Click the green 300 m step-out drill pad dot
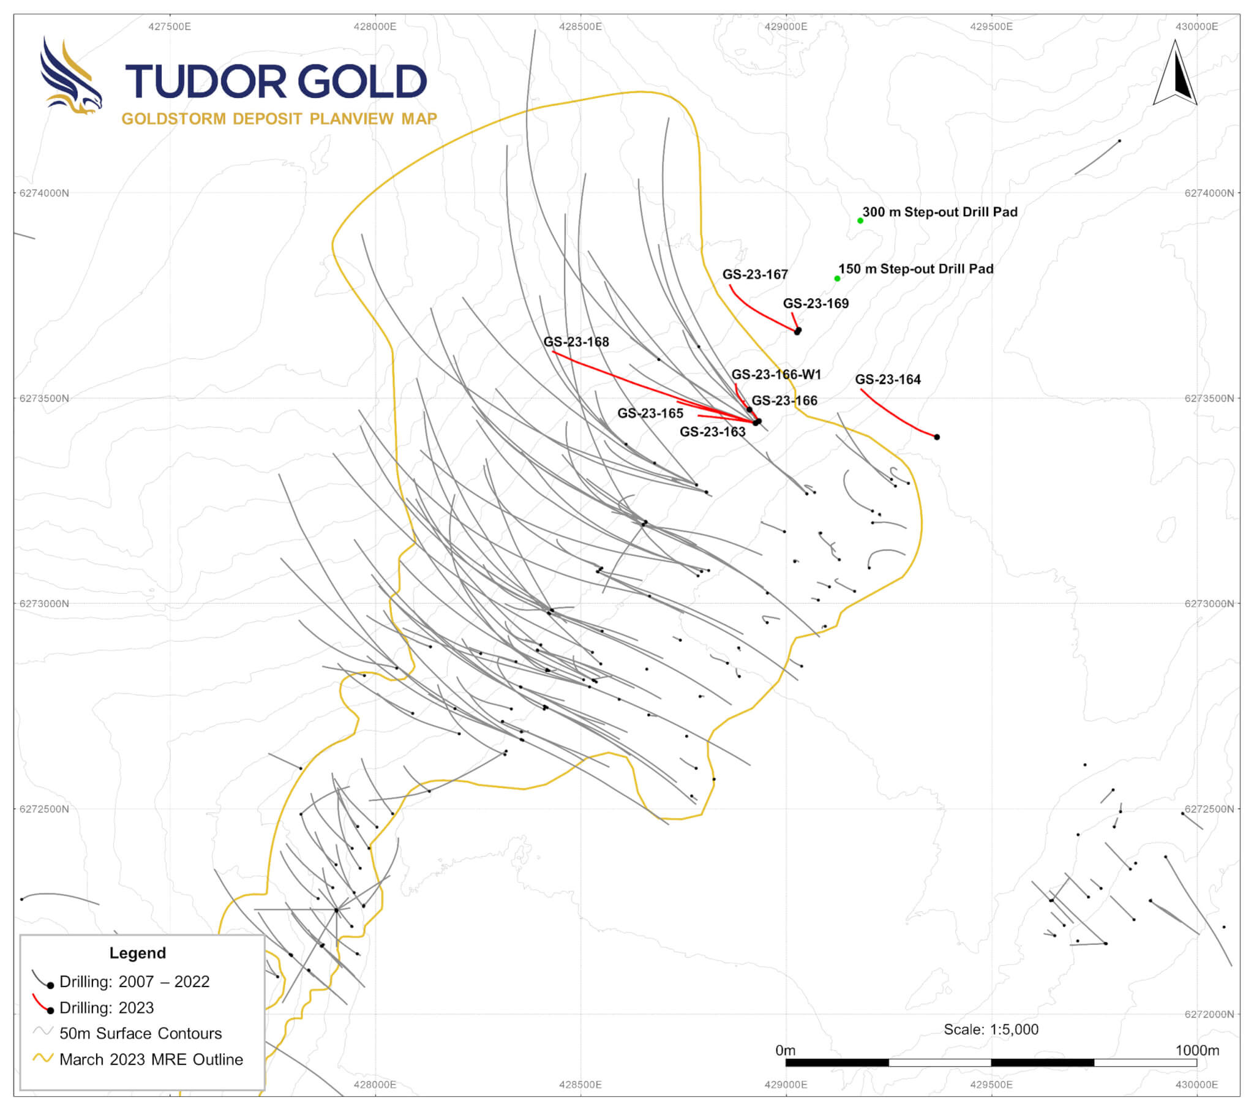click(x=860, y=220)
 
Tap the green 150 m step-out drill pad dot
click(x=837, y=279)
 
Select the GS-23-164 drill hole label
click(x=888, y=379)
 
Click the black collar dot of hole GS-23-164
click(x=937, y=437)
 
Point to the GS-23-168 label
click(x=576, y=342)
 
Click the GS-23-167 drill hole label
click(x=754, y=274)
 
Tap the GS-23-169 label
click(x=816, y=303)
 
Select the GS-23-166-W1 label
click(x=776, y=374)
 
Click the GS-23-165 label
click(x=650, y=413)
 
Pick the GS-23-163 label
click(x=712, y=432)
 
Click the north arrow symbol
click(x=1175, y=73)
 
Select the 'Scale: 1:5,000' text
click(x=991, y=1029)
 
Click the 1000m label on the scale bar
click(x=1197, y=1050)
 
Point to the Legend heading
click(x=137, y=952)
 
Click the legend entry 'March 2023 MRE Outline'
click(x=151, y=1059)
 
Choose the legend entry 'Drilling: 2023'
click(x=106, y=1008)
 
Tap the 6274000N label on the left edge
click(x=44, y=193)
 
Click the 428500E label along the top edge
click(x=580, y=26)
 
